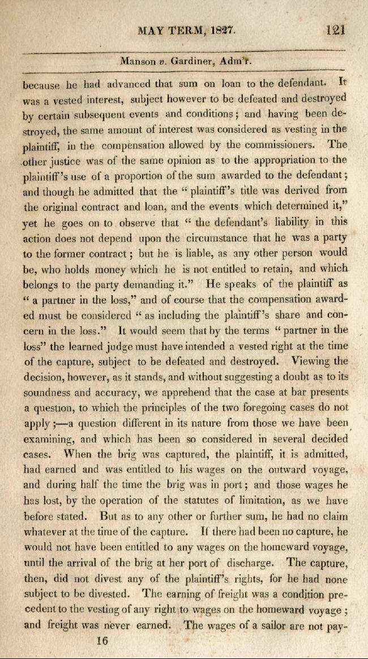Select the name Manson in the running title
click(x=138, y=61)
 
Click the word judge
click(x=127, y=344)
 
